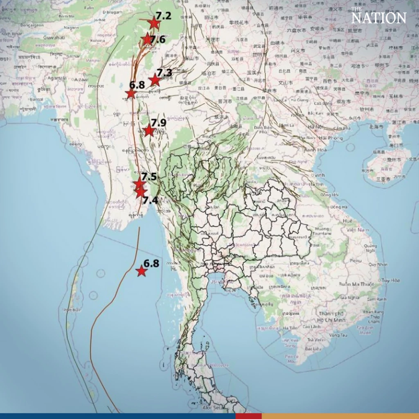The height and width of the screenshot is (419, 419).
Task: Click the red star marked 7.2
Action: pos(153,23)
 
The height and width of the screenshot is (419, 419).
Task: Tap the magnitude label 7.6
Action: pos(157,40)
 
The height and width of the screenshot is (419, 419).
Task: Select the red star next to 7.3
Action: pos(155,80)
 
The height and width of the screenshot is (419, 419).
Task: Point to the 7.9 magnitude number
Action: pos(158,122)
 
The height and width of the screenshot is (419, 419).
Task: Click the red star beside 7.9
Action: pos(149,131)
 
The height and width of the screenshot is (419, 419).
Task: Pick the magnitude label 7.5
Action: pos(149,177)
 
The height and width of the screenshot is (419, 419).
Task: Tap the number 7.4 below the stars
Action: pos(150,200)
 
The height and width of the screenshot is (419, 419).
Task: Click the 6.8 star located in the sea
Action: pos(141,271)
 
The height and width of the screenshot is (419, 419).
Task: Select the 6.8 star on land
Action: pos(131,94)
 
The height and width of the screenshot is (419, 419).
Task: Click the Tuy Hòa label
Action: pos(390,280)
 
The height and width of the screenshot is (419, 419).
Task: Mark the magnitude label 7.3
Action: pos(164,73)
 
